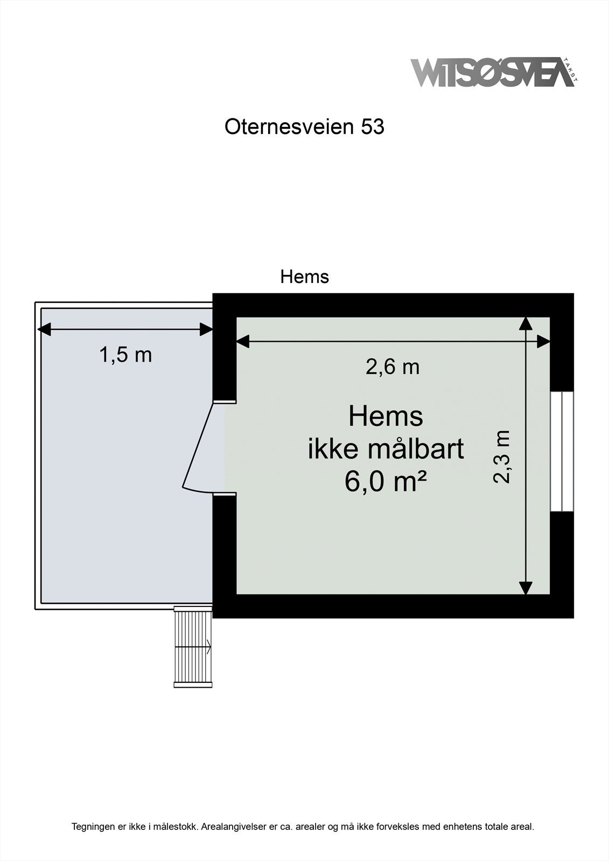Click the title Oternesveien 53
tap(304, 127)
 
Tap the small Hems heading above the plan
tap(304, 277)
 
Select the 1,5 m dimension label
tap(125, 355)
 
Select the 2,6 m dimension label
tap(393, 367)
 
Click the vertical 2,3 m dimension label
tap(502, 457)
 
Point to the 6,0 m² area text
tap(386, 481)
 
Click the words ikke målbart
tap(386, 449)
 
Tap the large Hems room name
tap(386, 417)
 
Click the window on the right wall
tap(562, 451)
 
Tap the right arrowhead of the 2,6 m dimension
tap(544, 341)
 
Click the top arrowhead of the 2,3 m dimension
tap(526, 323)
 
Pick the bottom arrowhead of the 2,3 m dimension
tap(526, 588)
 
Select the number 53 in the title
tap(373, 127)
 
